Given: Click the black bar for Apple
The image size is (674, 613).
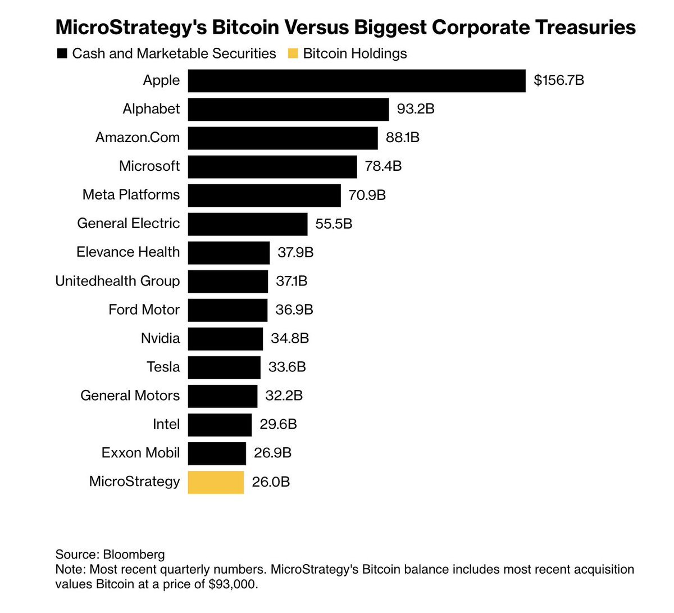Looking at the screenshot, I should (x=357, y=80).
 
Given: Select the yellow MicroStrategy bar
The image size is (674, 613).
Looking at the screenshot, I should (x=216, y=482).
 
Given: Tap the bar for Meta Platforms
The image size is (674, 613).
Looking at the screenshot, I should (x=264, y=195).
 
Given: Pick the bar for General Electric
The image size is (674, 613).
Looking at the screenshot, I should (x=248, y=224).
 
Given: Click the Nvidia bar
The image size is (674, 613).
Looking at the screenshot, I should (x=225, y=339).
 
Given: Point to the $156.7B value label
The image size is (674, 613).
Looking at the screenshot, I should (x=559, y=80).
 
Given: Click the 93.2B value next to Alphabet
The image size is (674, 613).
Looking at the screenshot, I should (x=416, y=109).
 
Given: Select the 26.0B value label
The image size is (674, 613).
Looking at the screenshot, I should (x=271, y=482).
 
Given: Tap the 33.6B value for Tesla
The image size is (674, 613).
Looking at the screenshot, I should (x=287, y=367).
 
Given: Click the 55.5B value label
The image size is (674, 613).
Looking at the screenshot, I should (x=334, y=224).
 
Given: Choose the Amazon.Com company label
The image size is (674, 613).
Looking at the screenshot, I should (x=138, y=138).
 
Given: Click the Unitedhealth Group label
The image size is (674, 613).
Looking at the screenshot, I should (x=117, y=281).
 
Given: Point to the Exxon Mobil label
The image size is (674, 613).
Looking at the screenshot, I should (x=140, y=453).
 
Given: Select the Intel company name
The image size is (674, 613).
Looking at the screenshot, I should (x=166, y=424).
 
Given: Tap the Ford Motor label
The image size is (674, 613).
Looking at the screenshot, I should (x=144, y=310).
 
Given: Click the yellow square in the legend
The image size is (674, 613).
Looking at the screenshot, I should (x=293, y=54).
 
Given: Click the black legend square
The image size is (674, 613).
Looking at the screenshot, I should (x=62, y=54).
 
